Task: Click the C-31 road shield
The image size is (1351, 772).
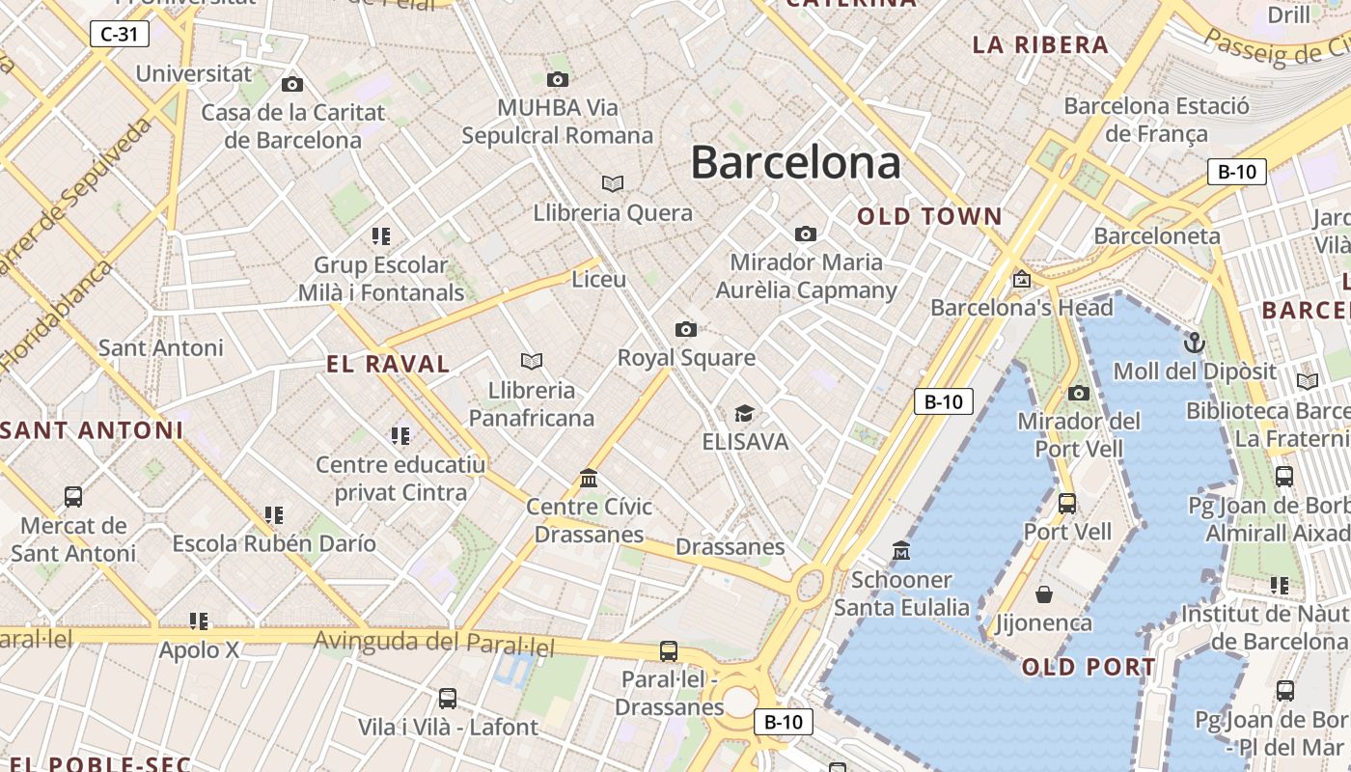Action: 119,35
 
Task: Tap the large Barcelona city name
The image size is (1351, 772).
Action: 795,162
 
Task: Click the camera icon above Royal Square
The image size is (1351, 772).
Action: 686,330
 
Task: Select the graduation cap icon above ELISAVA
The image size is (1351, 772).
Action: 744,414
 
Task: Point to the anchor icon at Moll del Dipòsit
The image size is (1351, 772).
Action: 1195,343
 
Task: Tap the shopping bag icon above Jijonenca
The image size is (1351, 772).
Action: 1043,593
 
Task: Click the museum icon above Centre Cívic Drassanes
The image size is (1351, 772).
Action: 589,478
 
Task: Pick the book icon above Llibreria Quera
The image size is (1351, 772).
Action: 613,183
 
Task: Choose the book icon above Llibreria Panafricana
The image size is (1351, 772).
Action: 532,361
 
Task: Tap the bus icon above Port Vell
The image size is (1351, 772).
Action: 1067,503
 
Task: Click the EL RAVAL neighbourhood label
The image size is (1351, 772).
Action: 388,364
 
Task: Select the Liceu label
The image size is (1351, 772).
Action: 599,280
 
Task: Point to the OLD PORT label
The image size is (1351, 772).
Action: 1089,667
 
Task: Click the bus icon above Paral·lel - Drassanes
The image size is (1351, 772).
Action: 669,650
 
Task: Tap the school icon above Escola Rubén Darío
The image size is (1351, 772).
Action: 274,515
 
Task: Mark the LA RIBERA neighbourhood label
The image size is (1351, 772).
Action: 1040,44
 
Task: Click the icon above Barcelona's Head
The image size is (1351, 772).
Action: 1022,280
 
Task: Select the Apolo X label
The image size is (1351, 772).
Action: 199,650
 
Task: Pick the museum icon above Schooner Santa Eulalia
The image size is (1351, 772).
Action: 901,550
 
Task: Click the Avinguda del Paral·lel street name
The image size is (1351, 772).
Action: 434,642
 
